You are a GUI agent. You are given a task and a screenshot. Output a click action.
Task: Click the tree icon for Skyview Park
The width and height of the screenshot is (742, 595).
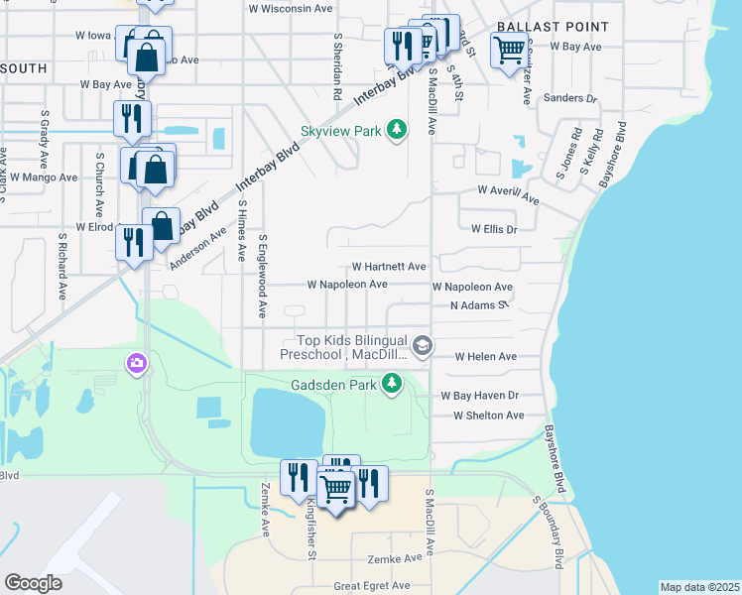[x=397, y=131]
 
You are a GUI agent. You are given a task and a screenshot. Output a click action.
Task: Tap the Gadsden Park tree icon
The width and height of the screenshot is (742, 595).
[x=393, y=383]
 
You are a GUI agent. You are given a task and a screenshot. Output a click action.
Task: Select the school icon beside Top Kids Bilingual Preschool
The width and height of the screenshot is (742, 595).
[x=423, y=345]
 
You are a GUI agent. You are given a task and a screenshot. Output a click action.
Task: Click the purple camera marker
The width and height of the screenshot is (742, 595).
[x=134, y=365]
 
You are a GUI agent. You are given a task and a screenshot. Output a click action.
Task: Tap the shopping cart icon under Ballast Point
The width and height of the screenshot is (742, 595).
[x=509, y=48]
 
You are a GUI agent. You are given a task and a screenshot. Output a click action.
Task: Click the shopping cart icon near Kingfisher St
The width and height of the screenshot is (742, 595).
[x=336, y=488]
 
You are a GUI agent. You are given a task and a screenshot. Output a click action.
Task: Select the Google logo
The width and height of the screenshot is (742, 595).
[x=33, y=583]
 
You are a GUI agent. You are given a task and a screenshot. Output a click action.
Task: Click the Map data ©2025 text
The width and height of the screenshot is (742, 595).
[x=698, y=587]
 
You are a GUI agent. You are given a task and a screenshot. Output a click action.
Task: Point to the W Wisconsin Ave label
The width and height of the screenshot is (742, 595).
[x=291, y=8]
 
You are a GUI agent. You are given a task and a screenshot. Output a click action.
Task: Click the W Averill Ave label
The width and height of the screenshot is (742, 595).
[x=508, y=193]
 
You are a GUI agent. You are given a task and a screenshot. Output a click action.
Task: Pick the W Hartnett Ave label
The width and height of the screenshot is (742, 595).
[x=389, y=267]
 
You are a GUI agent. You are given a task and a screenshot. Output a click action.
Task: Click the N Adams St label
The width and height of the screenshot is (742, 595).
[x=479, y=305]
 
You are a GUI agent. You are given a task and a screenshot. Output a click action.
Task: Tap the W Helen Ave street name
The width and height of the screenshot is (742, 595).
[x=485, y=356]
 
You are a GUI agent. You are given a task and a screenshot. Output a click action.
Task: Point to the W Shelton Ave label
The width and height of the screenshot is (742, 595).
[x=488, y=416]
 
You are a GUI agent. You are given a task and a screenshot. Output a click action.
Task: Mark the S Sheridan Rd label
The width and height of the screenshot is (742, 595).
[x=338, y=68]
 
